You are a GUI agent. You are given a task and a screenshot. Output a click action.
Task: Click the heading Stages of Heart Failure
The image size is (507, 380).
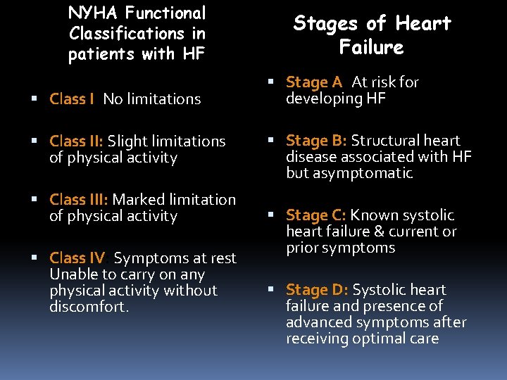click(x=372, y=35)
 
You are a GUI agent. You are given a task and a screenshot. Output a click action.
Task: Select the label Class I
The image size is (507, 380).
click(x=72, y=99)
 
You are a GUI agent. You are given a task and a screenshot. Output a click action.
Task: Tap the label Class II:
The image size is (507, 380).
click(x=77, y=141)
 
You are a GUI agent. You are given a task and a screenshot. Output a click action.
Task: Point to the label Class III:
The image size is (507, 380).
click(x=79, y=200)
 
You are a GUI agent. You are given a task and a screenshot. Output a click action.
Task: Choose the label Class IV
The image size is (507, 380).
click(x=77, y=258)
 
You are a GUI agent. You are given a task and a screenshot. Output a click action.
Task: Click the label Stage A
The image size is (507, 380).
click(x=313, y=82)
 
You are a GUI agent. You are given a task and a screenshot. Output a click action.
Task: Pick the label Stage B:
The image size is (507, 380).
click(x=316, y=141)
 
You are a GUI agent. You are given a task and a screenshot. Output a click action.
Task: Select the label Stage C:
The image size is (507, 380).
click(x=316, y=215)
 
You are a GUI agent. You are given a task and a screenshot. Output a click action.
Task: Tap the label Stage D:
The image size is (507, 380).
click(x=317, y=290)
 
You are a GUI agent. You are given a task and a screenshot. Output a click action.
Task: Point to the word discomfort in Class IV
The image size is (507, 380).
click(x=89, y=307)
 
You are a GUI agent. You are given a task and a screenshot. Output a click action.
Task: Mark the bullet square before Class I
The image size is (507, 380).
click(x=36, y=99)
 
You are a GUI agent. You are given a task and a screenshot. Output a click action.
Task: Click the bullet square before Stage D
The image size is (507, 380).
click(x=272, y=290)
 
